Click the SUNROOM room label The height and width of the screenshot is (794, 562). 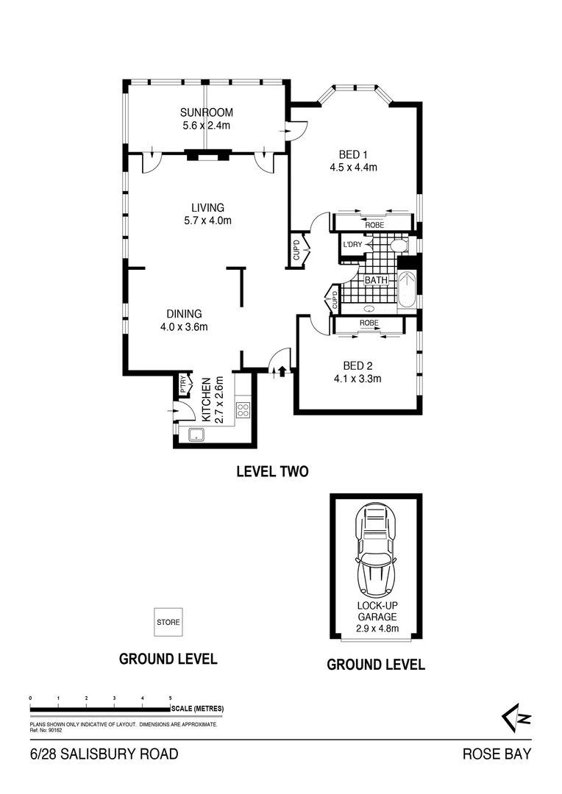click(x=207, y=112)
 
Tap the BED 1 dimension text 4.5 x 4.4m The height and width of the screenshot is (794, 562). click(x=353, y=168)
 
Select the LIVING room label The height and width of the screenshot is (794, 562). click(x=207, y=208)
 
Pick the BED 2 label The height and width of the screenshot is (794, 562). click(x=358, y=365)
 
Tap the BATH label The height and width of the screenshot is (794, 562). click(x=376, y=281)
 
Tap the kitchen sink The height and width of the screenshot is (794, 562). click(x=196, y=435)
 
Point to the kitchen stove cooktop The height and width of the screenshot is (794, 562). click(x=243, y=410)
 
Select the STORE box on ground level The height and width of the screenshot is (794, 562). click(x=168, y=622)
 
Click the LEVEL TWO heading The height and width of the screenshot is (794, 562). click(x=271, y=472)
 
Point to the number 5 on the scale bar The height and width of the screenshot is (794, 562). click(x=171, y=697)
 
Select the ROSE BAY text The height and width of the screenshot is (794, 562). click(x=496, y=754)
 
